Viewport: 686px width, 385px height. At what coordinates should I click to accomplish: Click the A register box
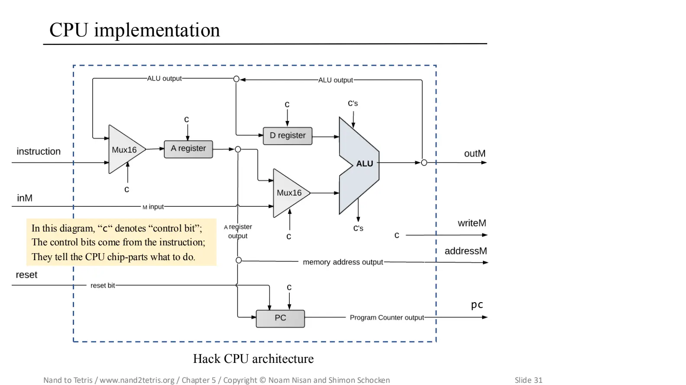(188, 149)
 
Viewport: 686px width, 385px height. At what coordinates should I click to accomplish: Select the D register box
(288, 136)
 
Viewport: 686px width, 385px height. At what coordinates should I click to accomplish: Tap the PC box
(280, 318)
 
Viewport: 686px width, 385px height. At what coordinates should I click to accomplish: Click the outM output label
(475, 153)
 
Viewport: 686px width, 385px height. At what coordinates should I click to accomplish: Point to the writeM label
(472, 223)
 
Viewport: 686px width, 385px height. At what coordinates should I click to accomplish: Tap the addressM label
(466, 251)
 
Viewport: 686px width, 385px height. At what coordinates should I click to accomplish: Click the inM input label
(25, 198)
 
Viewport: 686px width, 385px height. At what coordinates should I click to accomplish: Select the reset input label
(26, 275)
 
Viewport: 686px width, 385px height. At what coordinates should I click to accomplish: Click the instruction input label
(39, 151)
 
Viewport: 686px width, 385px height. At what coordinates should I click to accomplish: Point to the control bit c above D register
(287, 104)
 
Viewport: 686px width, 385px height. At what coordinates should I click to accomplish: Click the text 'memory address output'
(343, 262)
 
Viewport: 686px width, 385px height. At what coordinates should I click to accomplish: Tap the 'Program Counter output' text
(387, 317)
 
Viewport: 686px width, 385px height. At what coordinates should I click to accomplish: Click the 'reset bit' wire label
(103, 285)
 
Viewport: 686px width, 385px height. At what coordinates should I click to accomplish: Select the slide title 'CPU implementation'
(135, 30)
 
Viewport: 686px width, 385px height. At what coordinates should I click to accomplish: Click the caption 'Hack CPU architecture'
(253, 359)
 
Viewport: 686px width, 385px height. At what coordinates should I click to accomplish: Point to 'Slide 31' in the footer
(528, 380)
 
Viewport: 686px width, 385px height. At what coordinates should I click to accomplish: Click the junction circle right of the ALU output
(424, 163)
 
